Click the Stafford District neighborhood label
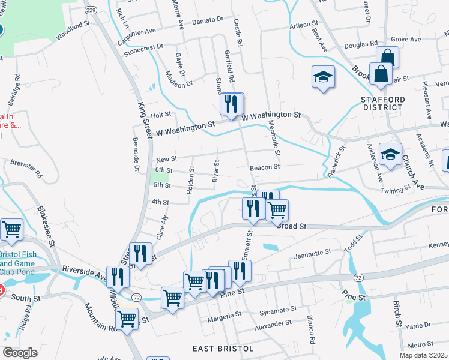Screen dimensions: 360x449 [382, 103]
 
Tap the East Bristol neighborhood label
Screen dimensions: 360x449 [220, 349]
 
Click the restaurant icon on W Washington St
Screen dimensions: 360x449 [231, 104]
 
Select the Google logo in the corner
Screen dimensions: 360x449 [20, 353]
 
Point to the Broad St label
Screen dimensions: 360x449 [292, 227]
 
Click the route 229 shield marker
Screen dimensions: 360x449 [91, 10]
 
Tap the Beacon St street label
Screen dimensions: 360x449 [265, 167]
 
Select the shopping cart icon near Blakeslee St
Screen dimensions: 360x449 [11, 229]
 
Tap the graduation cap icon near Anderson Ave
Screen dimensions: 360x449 [390, 155]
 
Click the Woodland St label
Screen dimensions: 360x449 [73, 31]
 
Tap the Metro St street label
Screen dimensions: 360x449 [420, 344]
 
